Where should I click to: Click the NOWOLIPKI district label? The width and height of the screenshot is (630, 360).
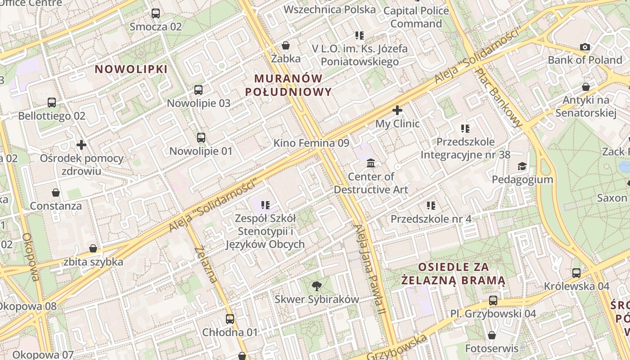pos(131,69)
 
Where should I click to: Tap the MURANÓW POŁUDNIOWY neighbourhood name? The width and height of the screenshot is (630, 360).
pos(288,85)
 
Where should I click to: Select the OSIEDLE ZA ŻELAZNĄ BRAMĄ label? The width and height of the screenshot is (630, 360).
pos(453,274)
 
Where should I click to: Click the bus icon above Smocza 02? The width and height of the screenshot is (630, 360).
pos(156,13)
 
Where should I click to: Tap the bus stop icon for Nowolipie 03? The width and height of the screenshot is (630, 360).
pos(198,90)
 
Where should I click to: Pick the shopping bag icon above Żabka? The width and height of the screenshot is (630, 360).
pos(286,45)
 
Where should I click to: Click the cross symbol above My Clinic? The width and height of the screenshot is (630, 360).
pos(397,110)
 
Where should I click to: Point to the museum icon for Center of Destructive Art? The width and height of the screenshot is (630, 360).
pos(371,163)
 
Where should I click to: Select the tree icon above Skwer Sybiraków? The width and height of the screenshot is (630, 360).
pos(317,286)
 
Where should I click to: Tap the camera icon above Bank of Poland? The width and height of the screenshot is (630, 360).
pos(585,47)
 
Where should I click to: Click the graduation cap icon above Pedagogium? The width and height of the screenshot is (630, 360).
pos(522,166)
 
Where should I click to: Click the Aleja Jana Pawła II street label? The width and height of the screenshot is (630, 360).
pos(370,269)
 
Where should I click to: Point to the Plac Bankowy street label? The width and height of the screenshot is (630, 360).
pos(500,97)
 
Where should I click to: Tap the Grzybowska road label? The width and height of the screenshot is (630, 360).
pos(396,347)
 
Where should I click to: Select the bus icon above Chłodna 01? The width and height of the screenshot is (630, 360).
pos(230,319)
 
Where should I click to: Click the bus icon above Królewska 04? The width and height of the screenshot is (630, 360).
pos(576,273)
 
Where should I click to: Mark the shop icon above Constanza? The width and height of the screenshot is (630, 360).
pos(56,193)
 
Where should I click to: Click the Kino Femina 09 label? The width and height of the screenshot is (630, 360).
pos(311,143)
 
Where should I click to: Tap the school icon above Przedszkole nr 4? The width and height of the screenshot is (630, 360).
pos(431,206)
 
